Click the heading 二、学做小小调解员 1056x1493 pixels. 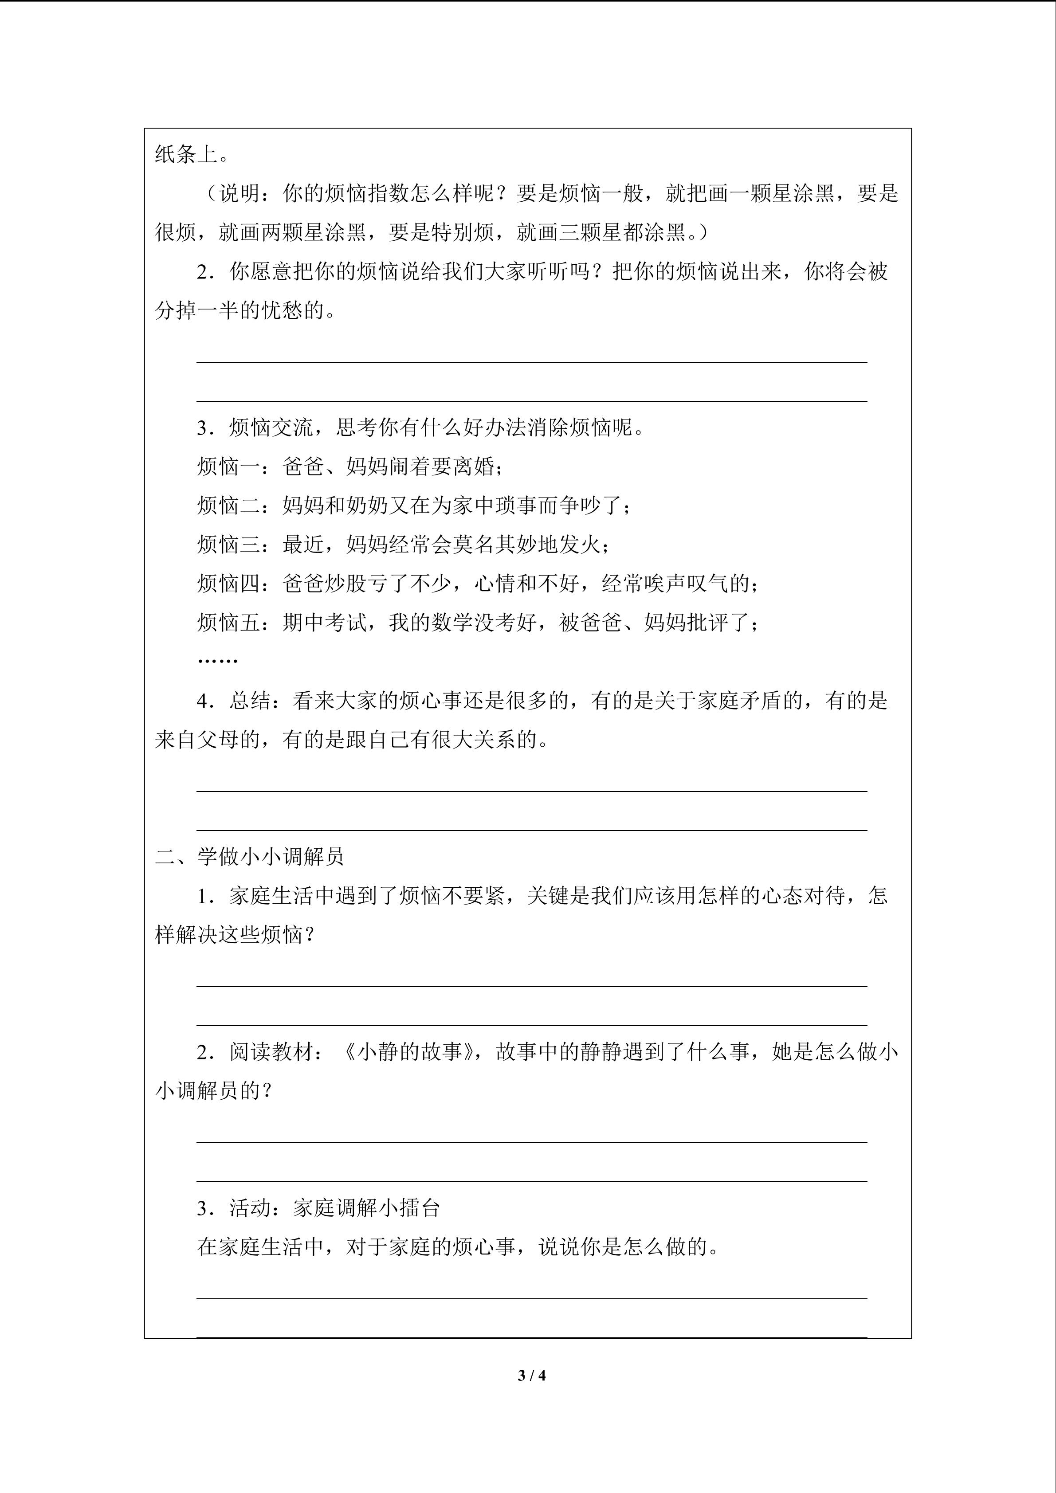coord(249,856)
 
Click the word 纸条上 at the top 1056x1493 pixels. coord(187,154)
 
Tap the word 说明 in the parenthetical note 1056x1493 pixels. coord(239,193)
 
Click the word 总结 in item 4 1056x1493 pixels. coord(250,700)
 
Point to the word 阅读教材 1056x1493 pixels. coord(271,1051)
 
